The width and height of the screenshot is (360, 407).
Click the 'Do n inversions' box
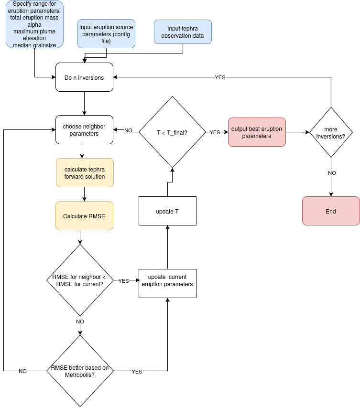[84, 77]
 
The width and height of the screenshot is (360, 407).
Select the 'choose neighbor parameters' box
[84, 130]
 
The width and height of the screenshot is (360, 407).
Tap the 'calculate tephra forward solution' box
[85, 173]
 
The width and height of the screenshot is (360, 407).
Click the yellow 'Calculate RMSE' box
[84, 216]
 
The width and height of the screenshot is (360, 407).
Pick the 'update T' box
[167, 211]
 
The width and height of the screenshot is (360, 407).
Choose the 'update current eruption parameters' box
[167, 284]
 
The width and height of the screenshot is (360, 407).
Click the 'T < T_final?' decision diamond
[172, 132]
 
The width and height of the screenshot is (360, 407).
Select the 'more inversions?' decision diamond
[331, 132]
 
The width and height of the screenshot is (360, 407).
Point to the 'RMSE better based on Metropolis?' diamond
[80, 371]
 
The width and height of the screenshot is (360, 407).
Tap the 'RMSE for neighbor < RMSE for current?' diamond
[80, 280]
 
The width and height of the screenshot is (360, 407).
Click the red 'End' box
[331, 211]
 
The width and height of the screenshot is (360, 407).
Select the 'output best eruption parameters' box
[257, 132]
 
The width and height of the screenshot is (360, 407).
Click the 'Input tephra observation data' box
[183, 32]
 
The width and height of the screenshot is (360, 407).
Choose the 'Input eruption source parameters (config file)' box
[106, 34]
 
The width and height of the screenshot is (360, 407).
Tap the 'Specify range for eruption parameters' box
[34, 24]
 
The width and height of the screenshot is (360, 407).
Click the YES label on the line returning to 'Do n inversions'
[220, 77]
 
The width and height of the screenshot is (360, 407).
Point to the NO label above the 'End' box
[331, 173]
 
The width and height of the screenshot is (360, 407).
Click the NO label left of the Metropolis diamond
[22, 371]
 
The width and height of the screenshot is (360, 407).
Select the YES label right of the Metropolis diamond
[137, 371]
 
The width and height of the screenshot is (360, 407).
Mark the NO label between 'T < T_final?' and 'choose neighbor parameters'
[128, 130]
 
